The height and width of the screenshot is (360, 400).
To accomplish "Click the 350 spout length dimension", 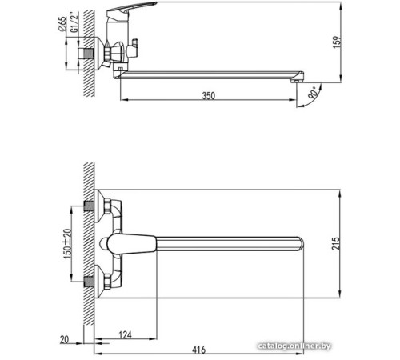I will click(x=208, y=95).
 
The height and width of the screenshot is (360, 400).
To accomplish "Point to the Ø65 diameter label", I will click(x=62, y=25).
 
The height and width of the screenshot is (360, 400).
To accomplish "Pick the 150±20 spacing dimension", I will click(x=68, y=241).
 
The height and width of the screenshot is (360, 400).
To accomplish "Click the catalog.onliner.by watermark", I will click(x=356, y=343).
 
